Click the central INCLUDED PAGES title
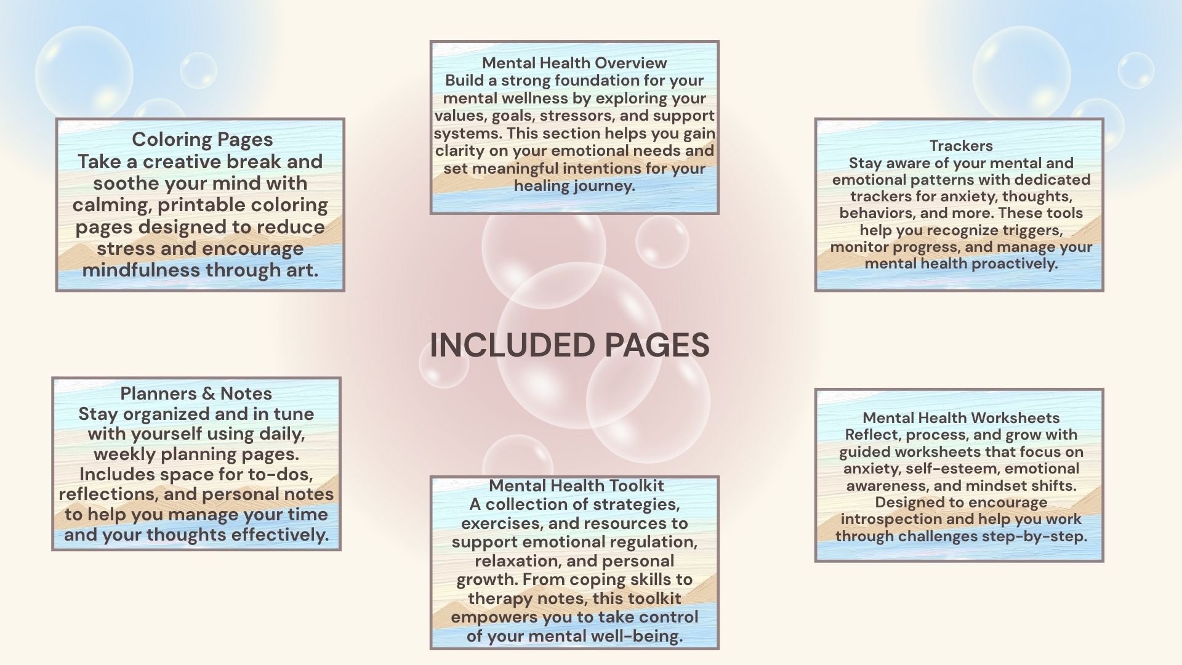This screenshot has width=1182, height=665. (x=569, y=345)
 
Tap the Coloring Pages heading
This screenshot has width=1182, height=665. (x=202, y=140)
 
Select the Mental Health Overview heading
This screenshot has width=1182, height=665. (x=574, y=63)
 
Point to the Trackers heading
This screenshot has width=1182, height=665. (x=961, y=146)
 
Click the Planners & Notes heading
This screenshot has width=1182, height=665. (x=196, y=393)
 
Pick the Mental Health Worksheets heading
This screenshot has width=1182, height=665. (x=960, y=418)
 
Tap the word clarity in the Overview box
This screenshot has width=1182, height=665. (x=458, y=151)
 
